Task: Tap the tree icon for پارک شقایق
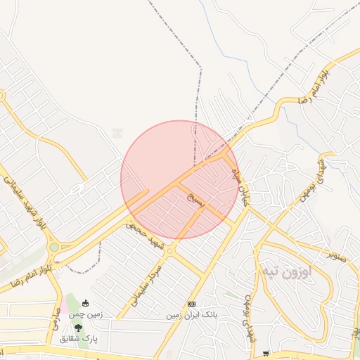78,327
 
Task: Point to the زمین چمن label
86,314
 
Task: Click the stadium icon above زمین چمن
86,304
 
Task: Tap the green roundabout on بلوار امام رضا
54,247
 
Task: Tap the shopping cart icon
265,353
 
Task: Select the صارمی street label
54,324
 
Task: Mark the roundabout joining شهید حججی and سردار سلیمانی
171,250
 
